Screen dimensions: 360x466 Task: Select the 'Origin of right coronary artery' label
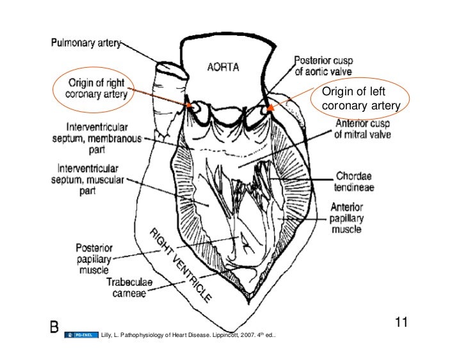[x=95, y=92]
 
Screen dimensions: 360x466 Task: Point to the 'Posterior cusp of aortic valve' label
[x=326, y=65]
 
